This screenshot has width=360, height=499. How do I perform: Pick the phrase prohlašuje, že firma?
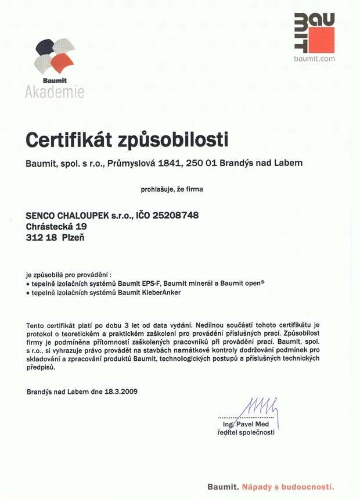(172, 189)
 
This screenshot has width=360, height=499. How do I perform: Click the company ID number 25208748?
(175, 216)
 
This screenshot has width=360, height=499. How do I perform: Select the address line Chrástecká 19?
(56, 227)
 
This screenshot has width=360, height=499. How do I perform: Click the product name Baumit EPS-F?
(142, 283)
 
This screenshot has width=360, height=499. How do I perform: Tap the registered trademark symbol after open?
(263, 281)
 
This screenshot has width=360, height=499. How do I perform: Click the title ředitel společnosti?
(246, 433)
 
